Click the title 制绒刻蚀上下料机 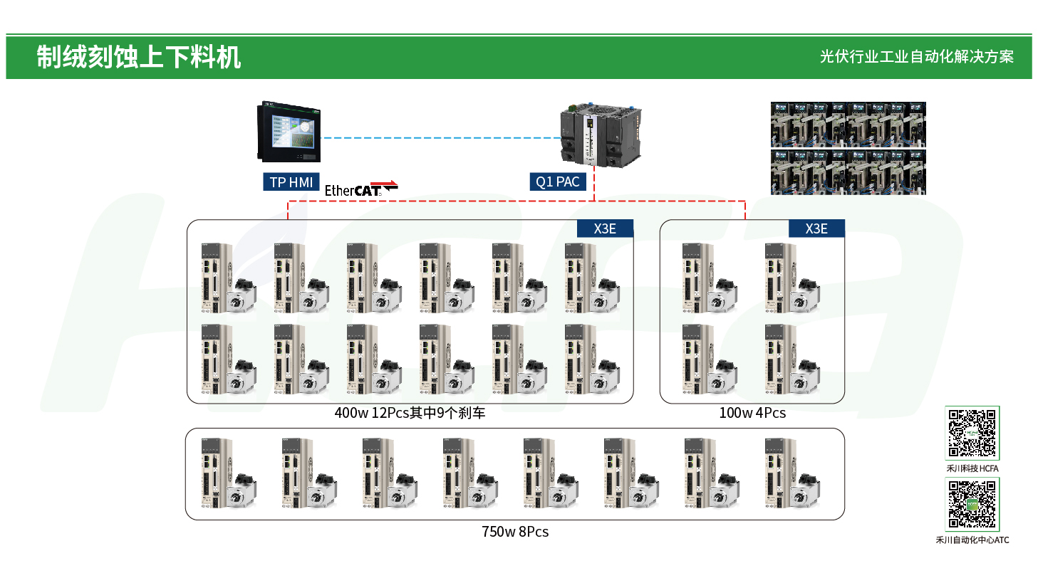click(139, 57)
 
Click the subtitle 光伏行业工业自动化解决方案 click(916, 57)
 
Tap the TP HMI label click(291, 182)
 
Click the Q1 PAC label click(558, 182)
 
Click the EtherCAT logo click(360, 189)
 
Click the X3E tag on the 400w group click(605, 228)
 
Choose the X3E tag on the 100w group click(816, 228)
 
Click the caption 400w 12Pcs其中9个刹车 click(410, 413)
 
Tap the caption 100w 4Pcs click(752, 413)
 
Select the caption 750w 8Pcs click(515, 532)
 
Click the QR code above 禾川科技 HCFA click(972, 433)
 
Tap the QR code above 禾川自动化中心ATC click(972, 504)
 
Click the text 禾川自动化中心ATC click(972, 540)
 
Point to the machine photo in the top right click(848, 148)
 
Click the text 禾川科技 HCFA click(972, 468)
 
